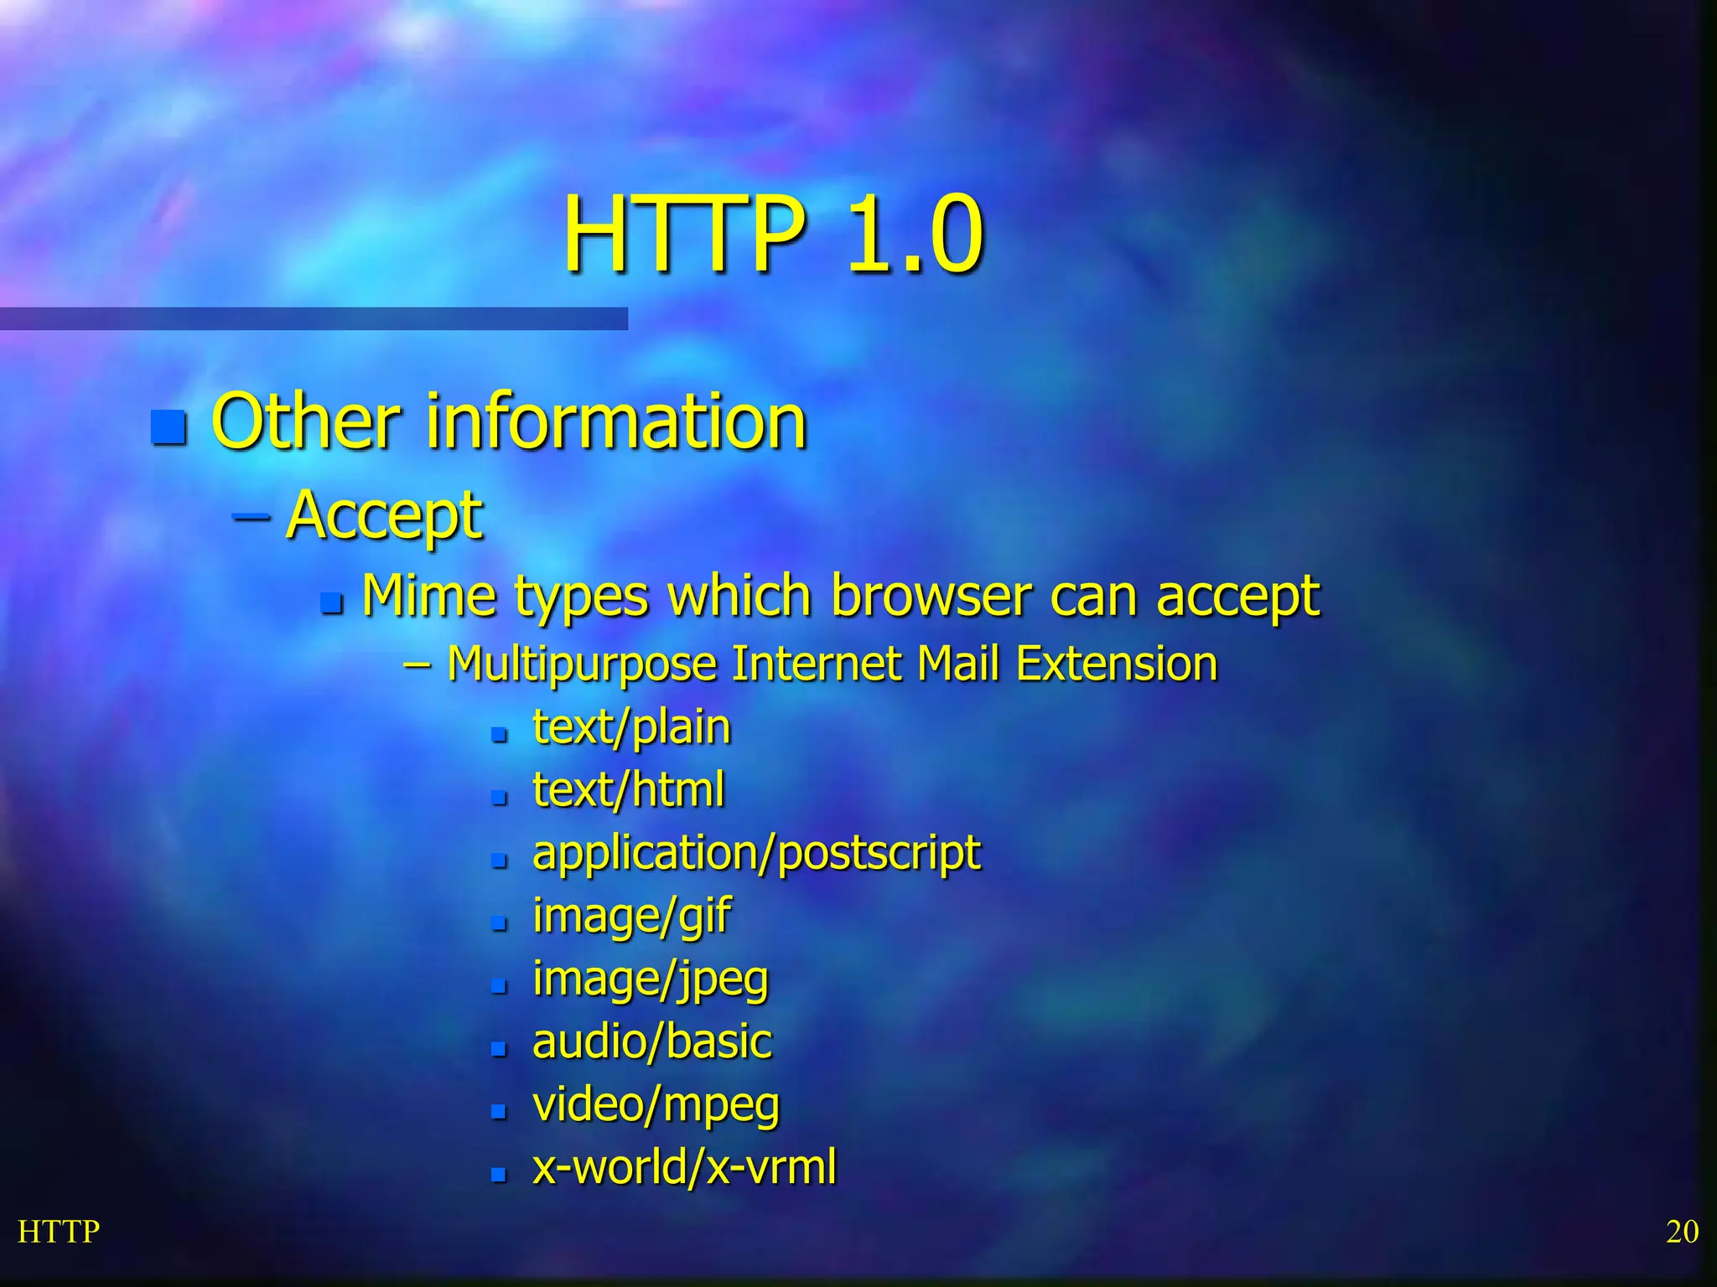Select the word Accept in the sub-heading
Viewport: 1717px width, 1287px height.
click(x=385, y=514)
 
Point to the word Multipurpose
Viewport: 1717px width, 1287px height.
click(x=582, y=664)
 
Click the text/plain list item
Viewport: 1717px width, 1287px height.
click(x=631, y=726)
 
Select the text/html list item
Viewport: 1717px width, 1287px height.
click(x=628, y=789)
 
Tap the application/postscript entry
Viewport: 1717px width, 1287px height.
click(x=756, y=853)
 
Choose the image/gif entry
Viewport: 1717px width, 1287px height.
click(x=631, y=916)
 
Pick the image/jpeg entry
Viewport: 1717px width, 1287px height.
click(x=650, y=979)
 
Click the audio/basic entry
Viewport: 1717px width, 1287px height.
click(x=651, y=1041)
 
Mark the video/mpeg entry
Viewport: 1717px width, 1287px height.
click(x=656, y=1104)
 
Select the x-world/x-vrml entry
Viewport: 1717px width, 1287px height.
click(x=684, y=1167)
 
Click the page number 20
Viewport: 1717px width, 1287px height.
click(x=1682, y=1232)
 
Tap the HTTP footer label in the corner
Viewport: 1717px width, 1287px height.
click(x=59, y=1232)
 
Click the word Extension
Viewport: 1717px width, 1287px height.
click(x=1116, y=664)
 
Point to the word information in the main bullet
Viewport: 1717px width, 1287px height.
click(x=616, y=421)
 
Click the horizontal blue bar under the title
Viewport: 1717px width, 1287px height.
click(x=314, y=318)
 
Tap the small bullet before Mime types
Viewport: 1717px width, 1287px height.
click(x=332, y=602)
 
